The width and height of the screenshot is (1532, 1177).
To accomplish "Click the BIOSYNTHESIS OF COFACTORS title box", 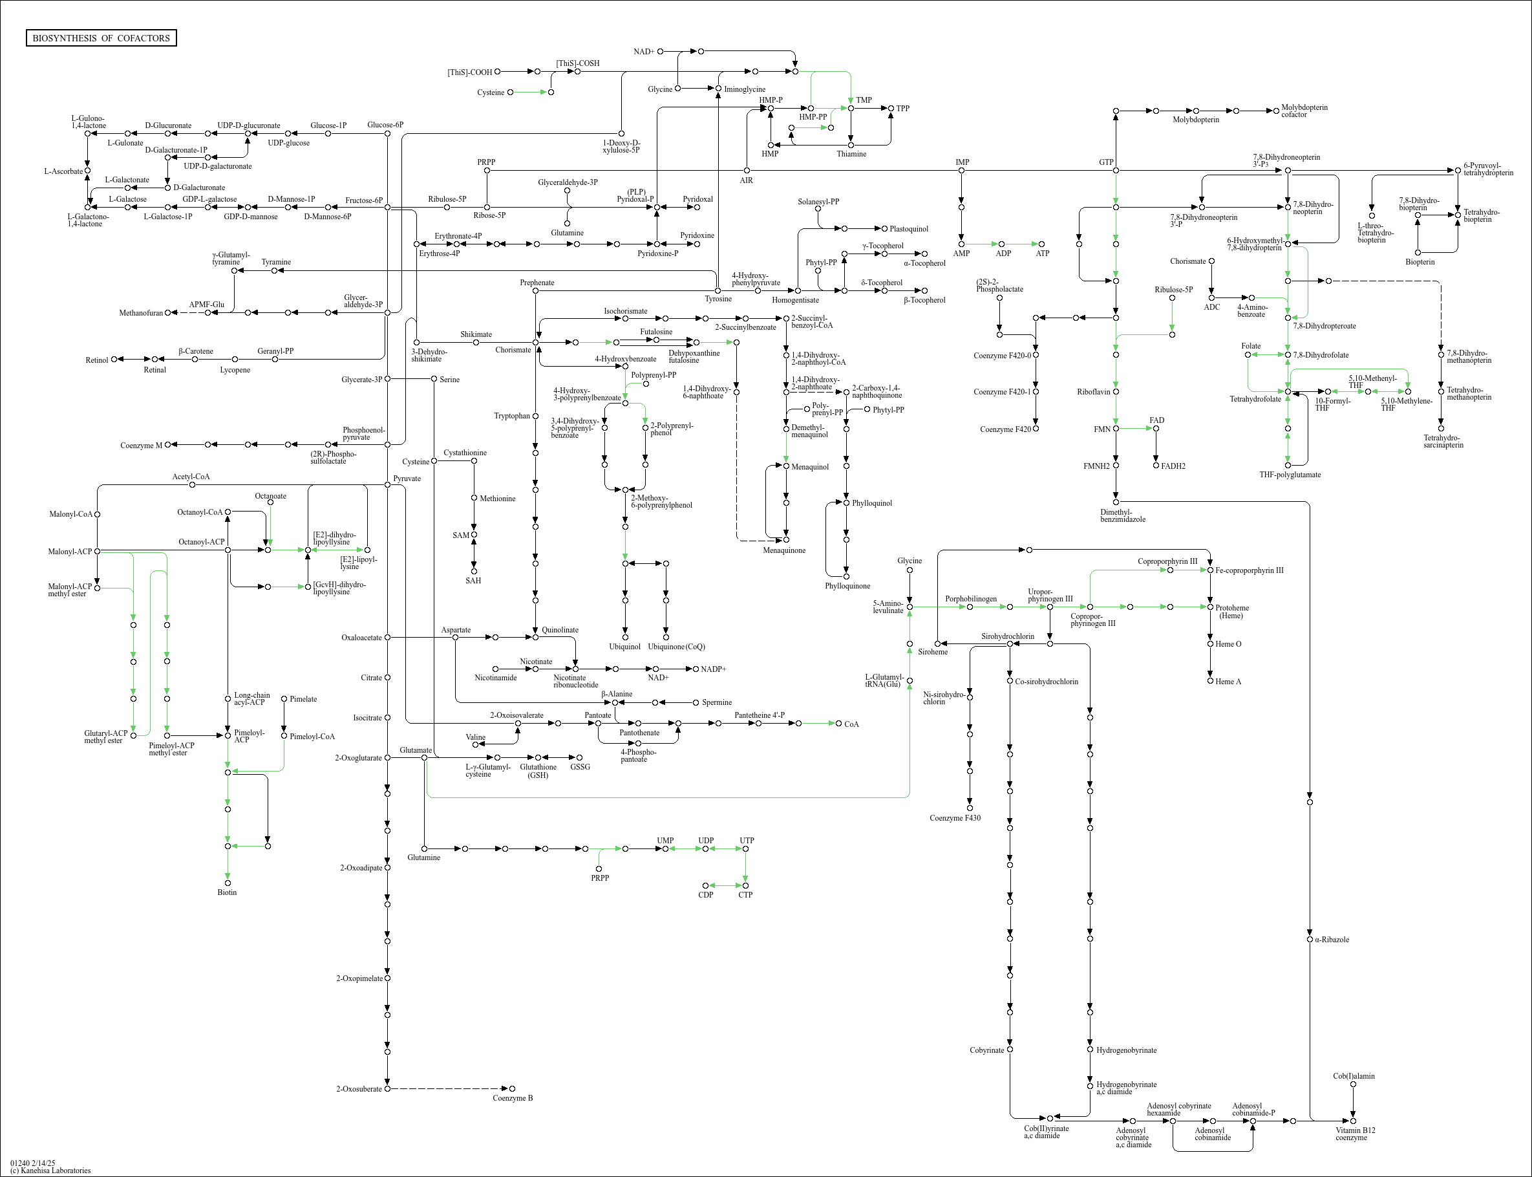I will pos(101,38).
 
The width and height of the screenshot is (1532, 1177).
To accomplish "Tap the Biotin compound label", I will pos(227,892).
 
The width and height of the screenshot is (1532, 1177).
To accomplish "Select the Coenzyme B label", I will pos(513,1098).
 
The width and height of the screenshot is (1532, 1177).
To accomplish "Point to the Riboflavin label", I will pos(1093,392).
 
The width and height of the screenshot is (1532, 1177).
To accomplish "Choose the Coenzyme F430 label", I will pos(955,817).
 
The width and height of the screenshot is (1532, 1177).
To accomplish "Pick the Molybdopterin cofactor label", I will pos(1304,111).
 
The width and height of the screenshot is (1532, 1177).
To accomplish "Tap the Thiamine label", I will pos(851,154).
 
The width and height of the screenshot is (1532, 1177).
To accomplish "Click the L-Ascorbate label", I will pos(63,171).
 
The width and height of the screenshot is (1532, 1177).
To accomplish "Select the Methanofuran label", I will pos(141,313).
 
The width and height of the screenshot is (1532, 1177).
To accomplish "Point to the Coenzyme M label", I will pos(141,446).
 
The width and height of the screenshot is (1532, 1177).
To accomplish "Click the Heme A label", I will pos(1228,682).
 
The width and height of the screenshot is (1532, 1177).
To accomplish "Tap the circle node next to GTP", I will pos(1116,170).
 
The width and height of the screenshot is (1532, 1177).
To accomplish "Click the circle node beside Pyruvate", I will pos(387,484).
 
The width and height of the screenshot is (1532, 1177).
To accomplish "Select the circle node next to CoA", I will pos(839,723).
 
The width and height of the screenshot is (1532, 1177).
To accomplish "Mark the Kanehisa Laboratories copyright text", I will pos(50,1170).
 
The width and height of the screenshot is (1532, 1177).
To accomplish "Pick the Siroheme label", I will pos(933,652).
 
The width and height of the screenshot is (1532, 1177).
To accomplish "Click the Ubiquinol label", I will pos(624,647).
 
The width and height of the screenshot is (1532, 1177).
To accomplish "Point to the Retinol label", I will pos(96,360).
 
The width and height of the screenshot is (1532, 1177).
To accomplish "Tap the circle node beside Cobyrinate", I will pos(1010,1050).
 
